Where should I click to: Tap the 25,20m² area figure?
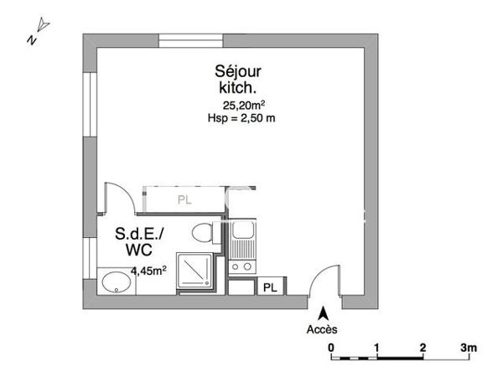(243, 105)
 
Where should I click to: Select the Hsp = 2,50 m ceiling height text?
(241, 118)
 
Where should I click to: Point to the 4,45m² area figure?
(148, 270)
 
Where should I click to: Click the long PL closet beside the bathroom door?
(184, 199)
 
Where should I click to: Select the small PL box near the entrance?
(269, 287)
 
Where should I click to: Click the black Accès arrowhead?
(321, 312)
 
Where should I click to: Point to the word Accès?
(321, 328)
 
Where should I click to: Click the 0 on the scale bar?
(332, 347)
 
